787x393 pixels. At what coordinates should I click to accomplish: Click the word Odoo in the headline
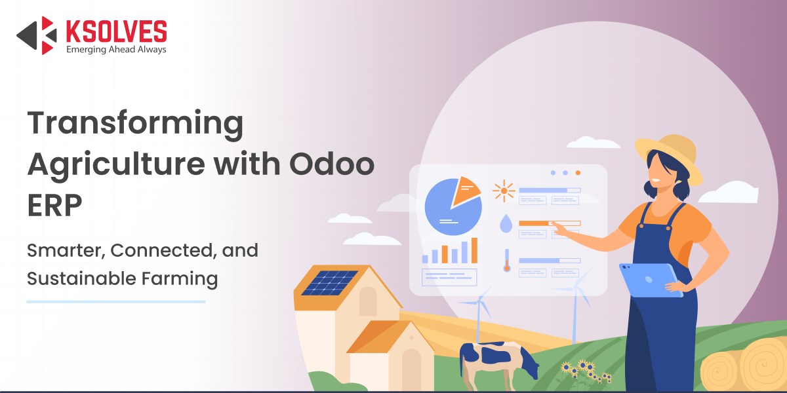[x=332, y=164]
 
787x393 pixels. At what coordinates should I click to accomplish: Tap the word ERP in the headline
[x=54, y=205]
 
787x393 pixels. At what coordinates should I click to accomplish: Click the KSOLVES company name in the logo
[x=116, y=31]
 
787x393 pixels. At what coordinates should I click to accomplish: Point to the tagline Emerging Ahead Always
[x=116, y=50]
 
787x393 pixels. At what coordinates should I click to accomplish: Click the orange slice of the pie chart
[x=465, y=191]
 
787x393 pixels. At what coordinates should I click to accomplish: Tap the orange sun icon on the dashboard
[x=504, y=191]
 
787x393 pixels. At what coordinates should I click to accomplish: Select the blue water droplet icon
[x=506, y=223]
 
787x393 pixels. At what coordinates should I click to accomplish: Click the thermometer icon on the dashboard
[x=506, y=261]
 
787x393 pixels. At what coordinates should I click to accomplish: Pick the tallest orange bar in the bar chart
[x=474, y=250]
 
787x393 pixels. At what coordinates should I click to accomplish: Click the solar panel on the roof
[x=329, y=282]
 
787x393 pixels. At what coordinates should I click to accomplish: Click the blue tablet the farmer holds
[x=650, y=280]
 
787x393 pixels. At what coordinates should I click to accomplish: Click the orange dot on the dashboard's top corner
[x=578, y=173]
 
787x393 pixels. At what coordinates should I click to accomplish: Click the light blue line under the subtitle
[x=116, y=301]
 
